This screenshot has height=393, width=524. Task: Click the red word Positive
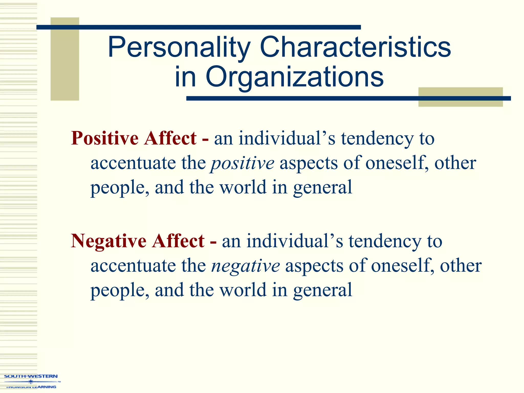coord(105,138)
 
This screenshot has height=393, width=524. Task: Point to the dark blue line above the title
coord(199,27)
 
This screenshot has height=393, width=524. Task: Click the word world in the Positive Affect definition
coord(243,187)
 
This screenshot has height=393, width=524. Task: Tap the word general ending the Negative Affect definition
coord(323,290)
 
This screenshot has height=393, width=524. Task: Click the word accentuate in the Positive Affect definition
coord(133,163)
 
